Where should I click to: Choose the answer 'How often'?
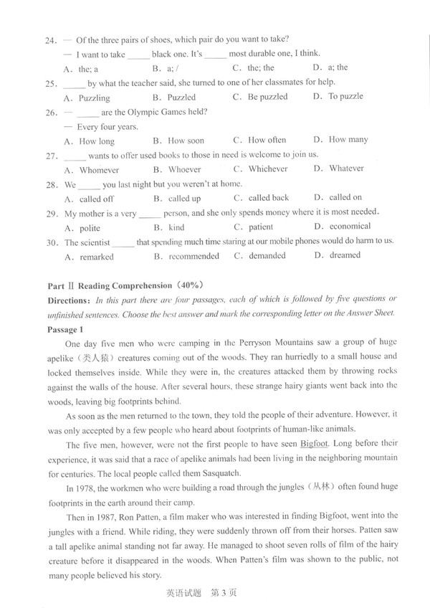point(267,141)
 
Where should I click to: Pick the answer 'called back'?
point(269,198)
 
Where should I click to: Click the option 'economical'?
point(350,227)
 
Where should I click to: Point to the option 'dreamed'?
point(345,255)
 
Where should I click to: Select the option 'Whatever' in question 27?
point(347,169)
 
